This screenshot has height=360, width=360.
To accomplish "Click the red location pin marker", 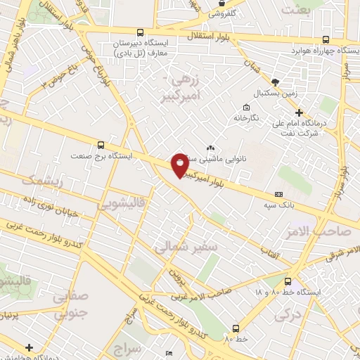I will (180, 164).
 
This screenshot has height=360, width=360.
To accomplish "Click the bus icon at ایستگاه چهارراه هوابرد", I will (325, 39).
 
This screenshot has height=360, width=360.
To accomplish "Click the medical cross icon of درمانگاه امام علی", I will (299, 112).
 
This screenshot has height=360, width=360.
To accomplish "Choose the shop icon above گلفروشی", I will (221, 4).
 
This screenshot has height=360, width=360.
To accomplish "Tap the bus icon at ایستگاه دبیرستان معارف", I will (141, 32).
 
